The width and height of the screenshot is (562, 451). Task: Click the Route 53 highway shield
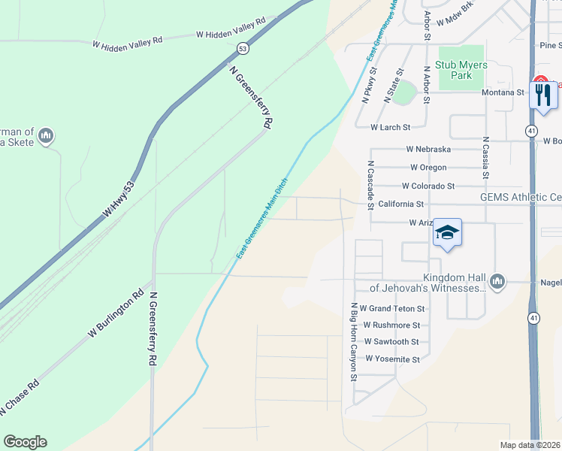click(241, 48)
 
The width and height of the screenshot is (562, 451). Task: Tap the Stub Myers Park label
click(461, 70)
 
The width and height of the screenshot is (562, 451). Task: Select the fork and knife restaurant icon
click(542, 95)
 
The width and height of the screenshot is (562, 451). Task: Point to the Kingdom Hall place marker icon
click(497, 282)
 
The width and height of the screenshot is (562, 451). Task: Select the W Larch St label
click(391, 128)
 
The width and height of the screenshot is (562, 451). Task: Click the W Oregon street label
click(428, 167)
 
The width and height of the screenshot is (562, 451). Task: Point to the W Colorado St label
click(428, 186)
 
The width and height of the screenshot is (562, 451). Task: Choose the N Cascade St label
click(370, 184)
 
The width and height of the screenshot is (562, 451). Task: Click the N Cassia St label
click(486, 158)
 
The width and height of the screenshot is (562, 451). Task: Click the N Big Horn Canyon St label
click(352, 342)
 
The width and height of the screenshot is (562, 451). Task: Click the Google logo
click(25, 442)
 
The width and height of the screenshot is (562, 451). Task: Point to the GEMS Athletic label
click(521, 198)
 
